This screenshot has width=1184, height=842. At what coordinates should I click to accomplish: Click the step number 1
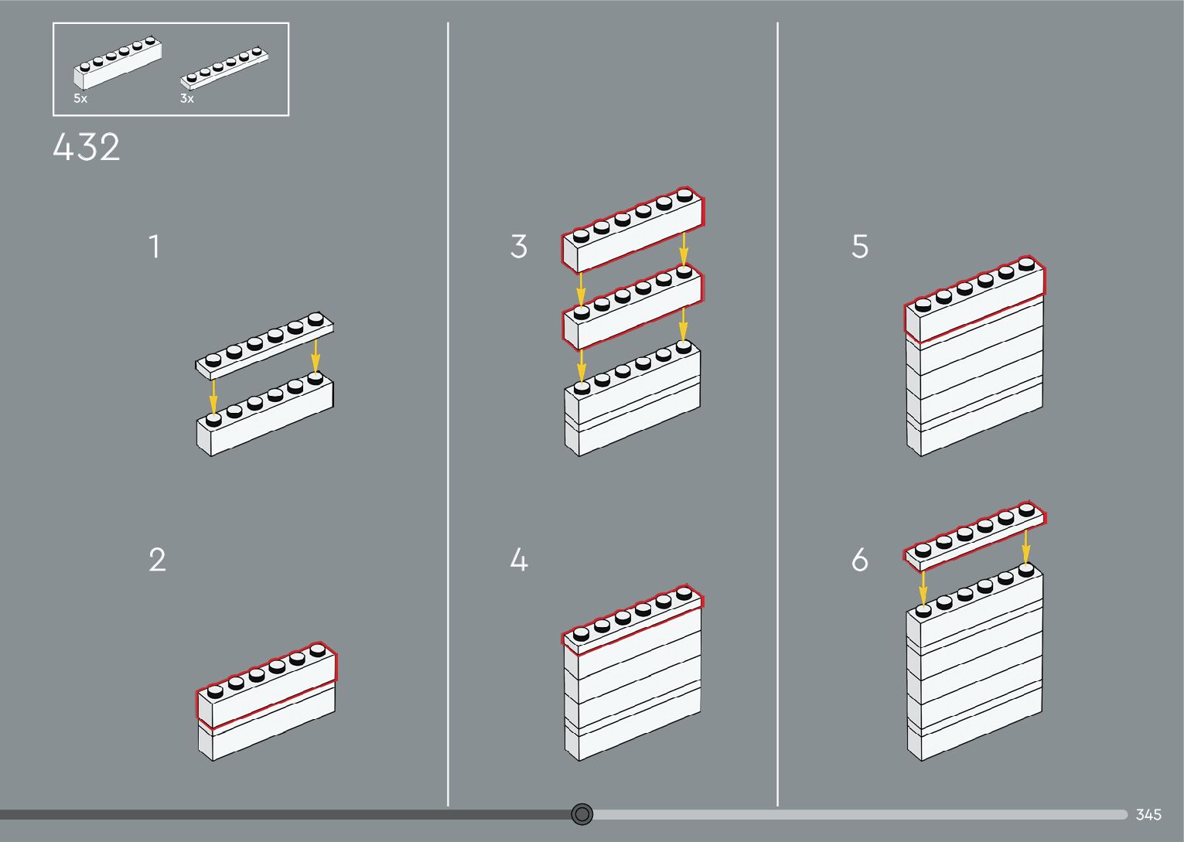pos(155,247)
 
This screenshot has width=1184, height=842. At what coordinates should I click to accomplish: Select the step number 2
pos(157,560)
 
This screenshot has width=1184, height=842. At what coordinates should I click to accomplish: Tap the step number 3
pos(519,247)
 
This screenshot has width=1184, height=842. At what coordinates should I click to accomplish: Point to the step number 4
pos(519,560)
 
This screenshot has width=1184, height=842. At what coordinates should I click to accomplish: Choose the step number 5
pos(860,247)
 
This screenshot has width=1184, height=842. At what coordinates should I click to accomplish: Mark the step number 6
pos(860,560)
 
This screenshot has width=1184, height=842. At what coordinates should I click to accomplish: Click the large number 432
pos(87,148)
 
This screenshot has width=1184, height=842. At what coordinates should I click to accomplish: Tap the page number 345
pos(1148,814)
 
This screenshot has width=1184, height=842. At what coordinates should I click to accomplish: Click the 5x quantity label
pos(80,99)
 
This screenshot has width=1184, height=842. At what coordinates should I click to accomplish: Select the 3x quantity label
pos(187,99)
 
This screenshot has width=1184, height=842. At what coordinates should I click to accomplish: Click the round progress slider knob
pos(582,814)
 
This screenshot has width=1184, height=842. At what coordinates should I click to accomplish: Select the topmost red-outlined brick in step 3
pos(633,230)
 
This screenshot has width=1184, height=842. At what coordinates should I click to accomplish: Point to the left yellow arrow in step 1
pos(213,395)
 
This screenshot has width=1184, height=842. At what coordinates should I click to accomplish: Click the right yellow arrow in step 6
pos(1025,545)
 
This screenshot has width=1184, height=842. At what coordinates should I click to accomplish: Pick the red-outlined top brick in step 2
pos(267,686)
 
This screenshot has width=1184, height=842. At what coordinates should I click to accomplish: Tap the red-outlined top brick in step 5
pos(974,300)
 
